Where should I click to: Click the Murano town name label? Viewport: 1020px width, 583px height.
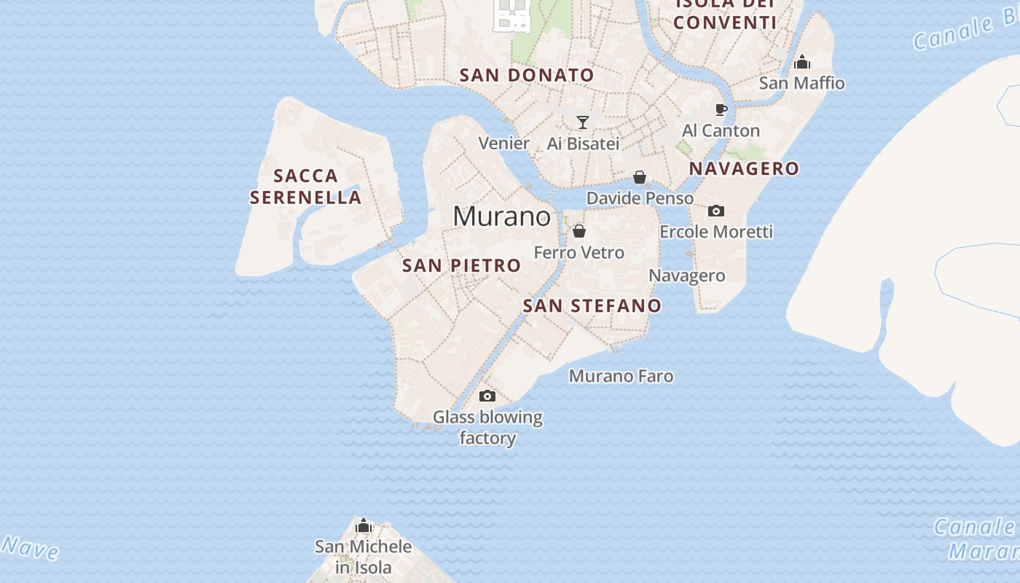(x=502, y=216)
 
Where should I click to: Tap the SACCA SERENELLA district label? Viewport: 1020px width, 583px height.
(x=306, y=187)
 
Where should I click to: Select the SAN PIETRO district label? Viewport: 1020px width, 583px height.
(x=462, y=265)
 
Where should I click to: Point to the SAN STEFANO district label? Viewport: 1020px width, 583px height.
(x=592, y=305)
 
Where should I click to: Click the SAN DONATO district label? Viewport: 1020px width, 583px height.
(x=527, y=75)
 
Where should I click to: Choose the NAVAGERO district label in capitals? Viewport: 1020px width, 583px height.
(x=744, y=168)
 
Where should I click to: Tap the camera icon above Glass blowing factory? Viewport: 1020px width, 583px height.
(x=487, y=396)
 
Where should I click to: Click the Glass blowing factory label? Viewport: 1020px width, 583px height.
(x=487, y=428)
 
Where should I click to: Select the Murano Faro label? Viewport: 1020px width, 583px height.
(x=621, y=376)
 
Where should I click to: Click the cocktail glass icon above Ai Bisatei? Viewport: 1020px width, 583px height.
(x=583, y=122)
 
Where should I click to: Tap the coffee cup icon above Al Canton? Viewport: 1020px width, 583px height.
(x=721, y=109)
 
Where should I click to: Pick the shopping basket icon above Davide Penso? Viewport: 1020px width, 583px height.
(x=640, y=177)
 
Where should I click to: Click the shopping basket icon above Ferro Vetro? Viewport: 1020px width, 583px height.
(x=579, y=231)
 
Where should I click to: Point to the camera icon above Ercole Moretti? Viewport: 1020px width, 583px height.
(x=716, y=211)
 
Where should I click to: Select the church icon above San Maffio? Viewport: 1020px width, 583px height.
(x=802, y=62)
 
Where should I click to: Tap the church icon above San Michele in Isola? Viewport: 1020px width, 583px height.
(x=364, y=525)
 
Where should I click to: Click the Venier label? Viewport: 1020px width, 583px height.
(x=503, y=144)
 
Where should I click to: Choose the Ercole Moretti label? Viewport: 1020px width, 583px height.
(x=716, y=232)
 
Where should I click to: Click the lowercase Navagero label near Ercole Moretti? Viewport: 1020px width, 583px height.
(x=687, y=275)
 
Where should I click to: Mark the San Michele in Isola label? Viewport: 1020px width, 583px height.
(x=364, y=557)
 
